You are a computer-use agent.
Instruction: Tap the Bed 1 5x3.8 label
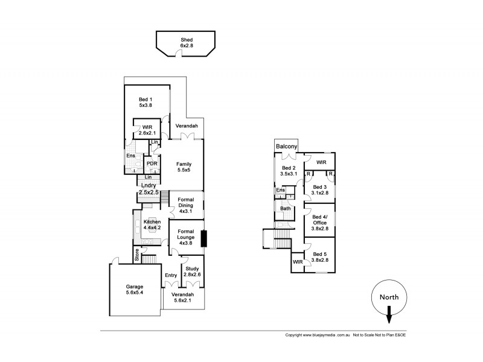pyautogui.click(x=145, y=103)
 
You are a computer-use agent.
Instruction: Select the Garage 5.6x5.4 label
pyautogui.click(x=135, y=290)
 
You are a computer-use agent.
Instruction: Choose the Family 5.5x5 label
pyautogui.click(x=184, y=167)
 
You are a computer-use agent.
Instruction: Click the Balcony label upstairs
pyautogui.click(x=287, y=147)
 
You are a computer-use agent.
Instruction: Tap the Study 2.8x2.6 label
pyautogui.click(x=191, y=271)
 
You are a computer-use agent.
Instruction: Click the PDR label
pyautogui.click(x=152, y=163)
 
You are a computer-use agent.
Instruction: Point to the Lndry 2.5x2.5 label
pyautogui.click(x=149, y=189)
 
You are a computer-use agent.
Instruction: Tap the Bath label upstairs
pyautogui.click(x=285, y=209)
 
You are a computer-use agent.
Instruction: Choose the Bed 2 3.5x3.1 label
pyautogui.click(x=289, y=171)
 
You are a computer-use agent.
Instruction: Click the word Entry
pyautogui.click(x=171, y=275)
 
